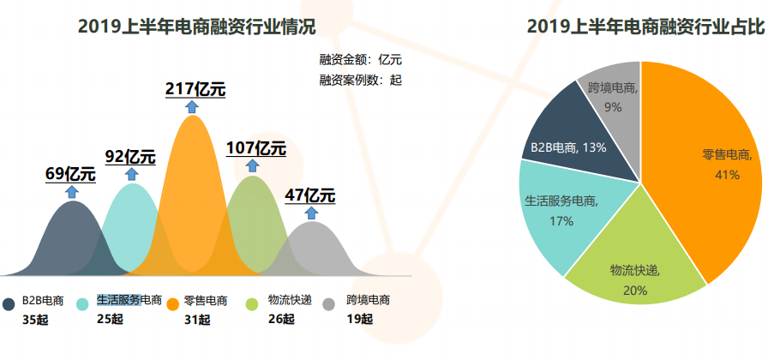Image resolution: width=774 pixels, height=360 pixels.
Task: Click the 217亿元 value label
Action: click(x=195, y=89)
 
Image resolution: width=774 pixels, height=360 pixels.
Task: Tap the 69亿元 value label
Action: click(x=70, y=174)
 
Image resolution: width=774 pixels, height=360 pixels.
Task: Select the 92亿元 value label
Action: click(x=130, y=156)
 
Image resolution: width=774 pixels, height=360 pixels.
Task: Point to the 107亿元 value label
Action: click(x=255, y=147)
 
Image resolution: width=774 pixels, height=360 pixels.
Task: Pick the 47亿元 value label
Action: click(x=310, y=195)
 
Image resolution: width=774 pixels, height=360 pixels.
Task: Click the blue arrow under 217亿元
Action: click(x=192, y=106)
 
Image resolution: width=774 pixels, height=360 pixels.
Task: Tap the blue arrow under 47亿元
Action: click(x=311, y=212)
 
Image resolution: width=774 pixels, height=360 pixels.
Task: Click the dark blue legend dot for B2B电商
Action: click(x=9, y=304)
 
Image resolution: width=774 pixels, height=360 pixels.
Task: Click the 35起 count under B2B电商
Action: click(x=36, y=320)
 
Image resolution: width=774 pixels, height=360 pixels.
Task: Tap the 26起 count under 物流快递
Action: click(x=281, y=320)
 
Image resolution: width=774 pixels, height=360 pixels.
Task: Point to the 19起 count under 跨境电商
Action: click(x=360, y=320)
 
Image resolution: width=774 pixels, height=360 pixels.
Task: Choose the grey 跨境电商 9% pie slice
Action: click(x=613, y=99)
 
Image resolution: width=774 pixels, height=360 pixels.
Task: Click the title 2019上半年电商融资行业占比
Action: click(x=645, y=27)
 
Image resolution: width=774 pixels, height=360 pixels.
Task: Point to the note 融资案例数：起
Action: click(x=360, y=80)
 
